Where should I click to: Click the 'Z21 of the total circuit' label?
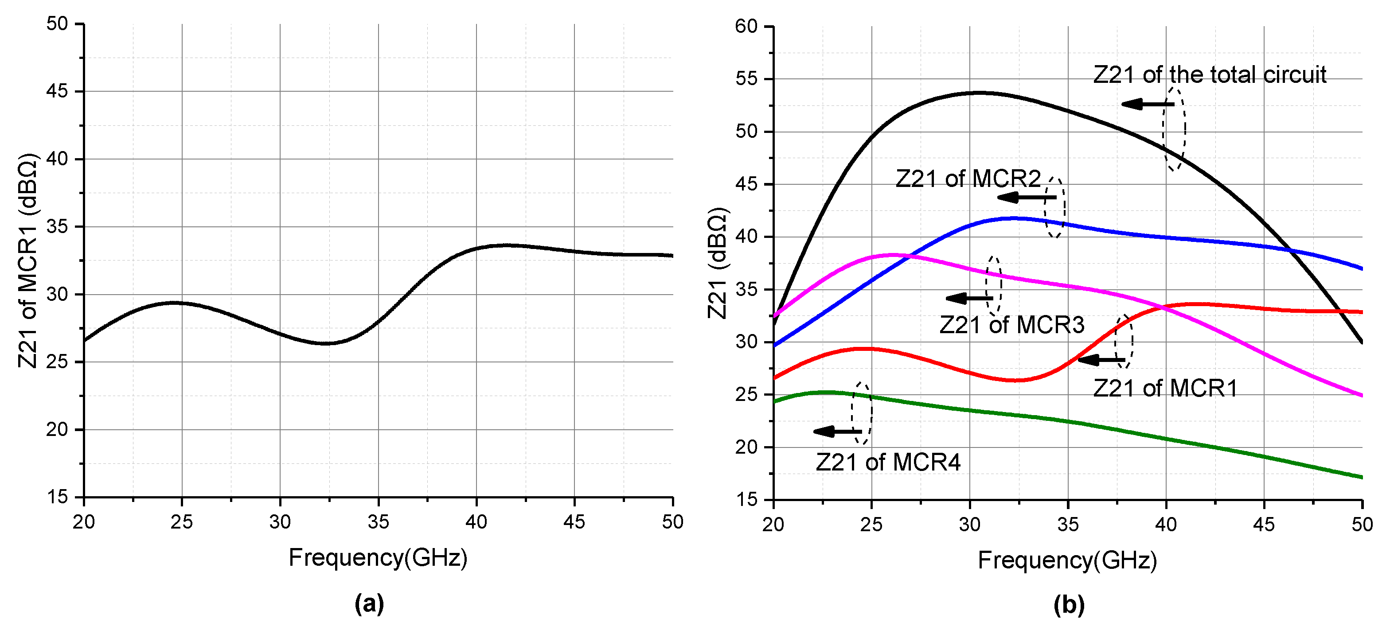point(1209,75)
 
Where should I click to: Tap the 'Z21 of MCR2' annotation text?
point(968,179)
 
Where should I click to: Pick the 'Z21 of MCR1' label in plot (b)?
point(1165,389)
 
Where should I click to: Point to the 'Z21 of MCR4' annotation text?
point(888,462)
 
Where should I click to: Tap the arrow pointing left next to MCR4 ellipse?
point(837,432)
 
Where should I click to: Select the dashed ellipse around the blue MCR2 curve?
point(1055,207)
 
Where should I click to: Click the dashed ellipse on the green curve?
point(862,414)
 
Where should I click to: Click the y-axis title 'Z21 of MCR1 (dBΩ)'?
point(27,261)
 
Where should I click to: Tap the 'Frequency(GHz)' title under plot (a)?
point(378,558)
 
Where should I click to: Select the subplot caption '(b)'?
point(1068,605)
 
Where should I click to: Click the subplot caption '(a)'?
point(369,603)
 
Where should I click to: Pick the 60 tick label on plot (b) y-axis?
point(746,27)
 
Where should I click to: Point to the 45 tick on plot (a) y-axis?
point(57,91)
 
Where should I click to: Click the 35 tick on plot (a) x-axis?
point(378,521)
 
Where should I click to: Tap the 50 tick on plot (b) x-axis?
point(1361,524)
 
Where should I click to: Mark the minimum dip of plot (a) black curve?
point(327,343)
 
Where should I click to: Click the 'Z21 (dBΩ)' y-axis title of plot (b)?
point(718,263)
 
